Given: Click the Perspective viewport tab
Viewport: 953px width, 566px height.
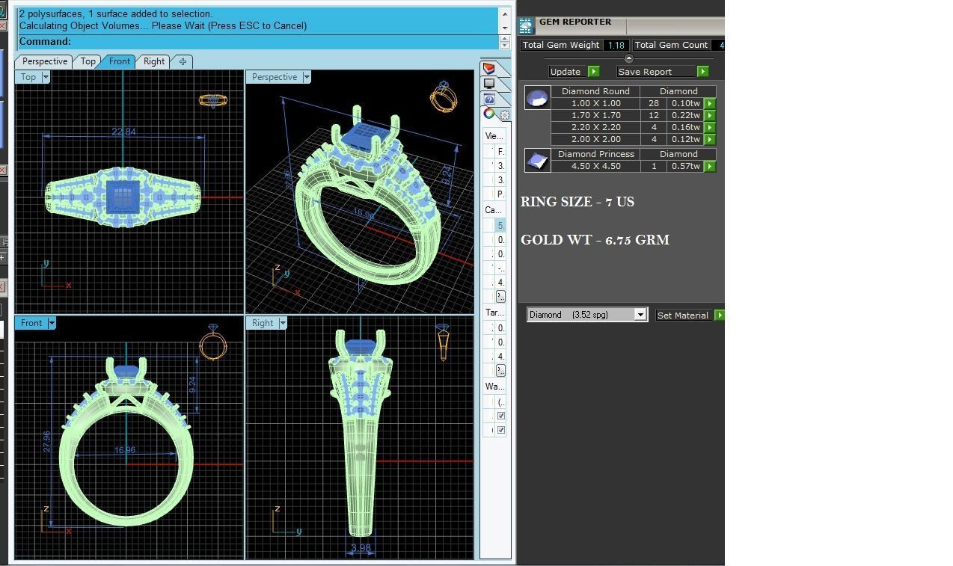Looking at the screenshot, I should click(x=45, y=61).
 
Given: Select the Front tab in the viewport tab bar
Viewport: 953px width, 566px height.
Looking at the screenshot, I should click(x=120, y=61).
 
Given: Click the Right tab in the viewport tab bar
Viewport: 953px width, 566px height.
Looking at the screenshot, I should click(x=154, y=61).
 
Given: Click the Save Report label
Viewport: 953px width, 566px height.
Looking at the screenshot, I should click(x=645, y=72).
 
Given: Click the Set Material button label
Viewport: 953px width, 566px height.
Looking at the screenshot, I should click(x=682, y=316).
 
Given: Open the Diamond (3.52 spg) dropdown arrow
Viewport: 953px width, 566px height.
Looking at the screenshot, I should click(x=640, y=315).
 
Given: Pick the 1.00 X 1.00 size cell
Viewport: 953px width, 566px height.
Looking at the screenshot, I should click(x=595, y=103).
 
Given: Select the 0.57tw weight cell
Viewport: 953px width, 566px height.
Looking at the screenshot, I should click(x=685, y=166).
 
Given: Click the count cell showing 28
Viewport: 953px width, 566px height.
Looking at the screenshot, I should click(x=654, y=103).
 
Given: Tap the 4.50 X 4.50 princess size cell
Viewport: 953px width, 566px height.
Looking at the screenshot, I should click(x=595, y=166).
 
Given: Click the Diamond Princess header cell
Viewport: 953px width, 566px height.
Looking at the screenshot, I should click(x=595, y=154).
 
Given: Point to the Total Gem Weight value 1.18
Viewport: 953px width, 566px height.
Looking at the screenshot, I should click(x=616, y=46).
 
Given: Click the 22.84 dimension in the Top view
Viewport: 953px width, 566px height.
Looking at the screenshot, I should click(x=123, y=132).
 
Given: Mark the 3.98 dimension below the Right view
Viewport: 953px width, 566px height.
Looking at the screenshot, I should click(x=361, y=548).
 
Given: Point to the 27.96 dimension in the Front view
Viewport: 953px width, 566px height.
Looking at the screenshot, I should click(x=47, y=440).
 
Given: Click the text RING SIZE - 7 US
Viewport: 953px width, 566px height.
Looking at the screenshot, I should click(x=577, y=202).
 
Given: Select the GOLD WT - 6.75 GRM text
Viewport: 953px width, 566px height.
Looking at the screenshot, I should click(x=595, y=240).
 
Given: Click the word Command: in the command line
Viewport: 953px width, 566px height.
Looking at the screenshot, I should click(x=45, y=42).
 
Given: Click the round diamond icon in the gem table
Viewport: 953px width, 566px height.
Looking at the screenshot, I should click(x=537, y=98).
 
